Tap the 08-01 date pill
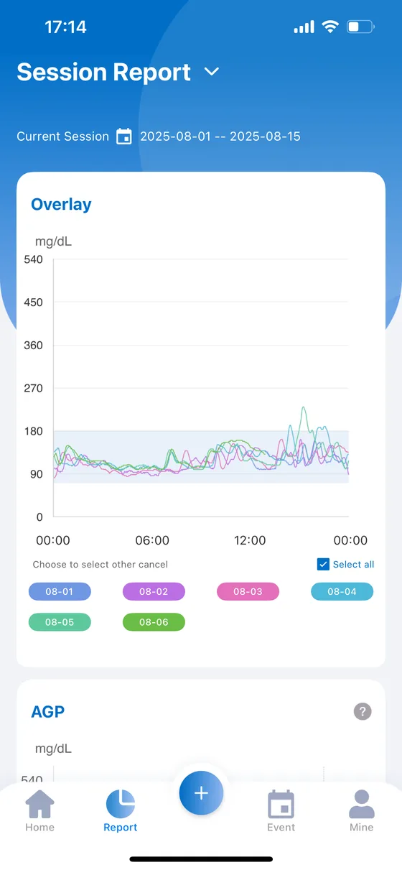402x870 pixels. click(60, 591)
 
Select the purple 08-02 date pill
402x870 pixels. click(154, 591)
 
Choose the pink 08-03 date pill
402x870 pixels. click(248, 591)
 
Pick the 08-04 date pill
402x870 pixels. click(342, 591)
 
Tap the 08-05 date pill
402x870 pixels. click(60, 622)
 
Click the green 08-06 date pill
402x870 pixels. click(154, 622)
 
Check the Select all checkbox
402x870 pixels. click(323, 564)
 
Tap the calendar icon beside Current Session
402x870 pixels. click(124, 136)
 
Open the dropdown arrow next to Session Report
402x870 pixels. click(212, 71)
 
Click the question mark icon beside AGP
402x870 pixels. click(363, 711)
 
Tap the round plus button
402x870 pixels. click(201, 792)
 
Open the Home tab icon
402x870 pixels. click(39, 803)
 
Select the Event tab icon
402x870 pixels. click(281, 804)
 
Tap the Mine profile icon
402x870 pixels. click(362, 804)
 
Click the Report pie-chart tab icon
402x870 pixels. click(121, 804)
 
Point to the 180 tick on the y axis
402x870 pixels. click(33, 431)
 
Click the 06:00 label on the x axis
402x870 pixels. click(152, 540)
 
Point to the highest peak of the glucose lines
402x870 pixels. click(304, 407)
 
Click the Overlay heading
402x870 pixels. click(61, 205)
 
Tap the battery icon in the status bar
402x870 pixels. click(360, 27)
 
